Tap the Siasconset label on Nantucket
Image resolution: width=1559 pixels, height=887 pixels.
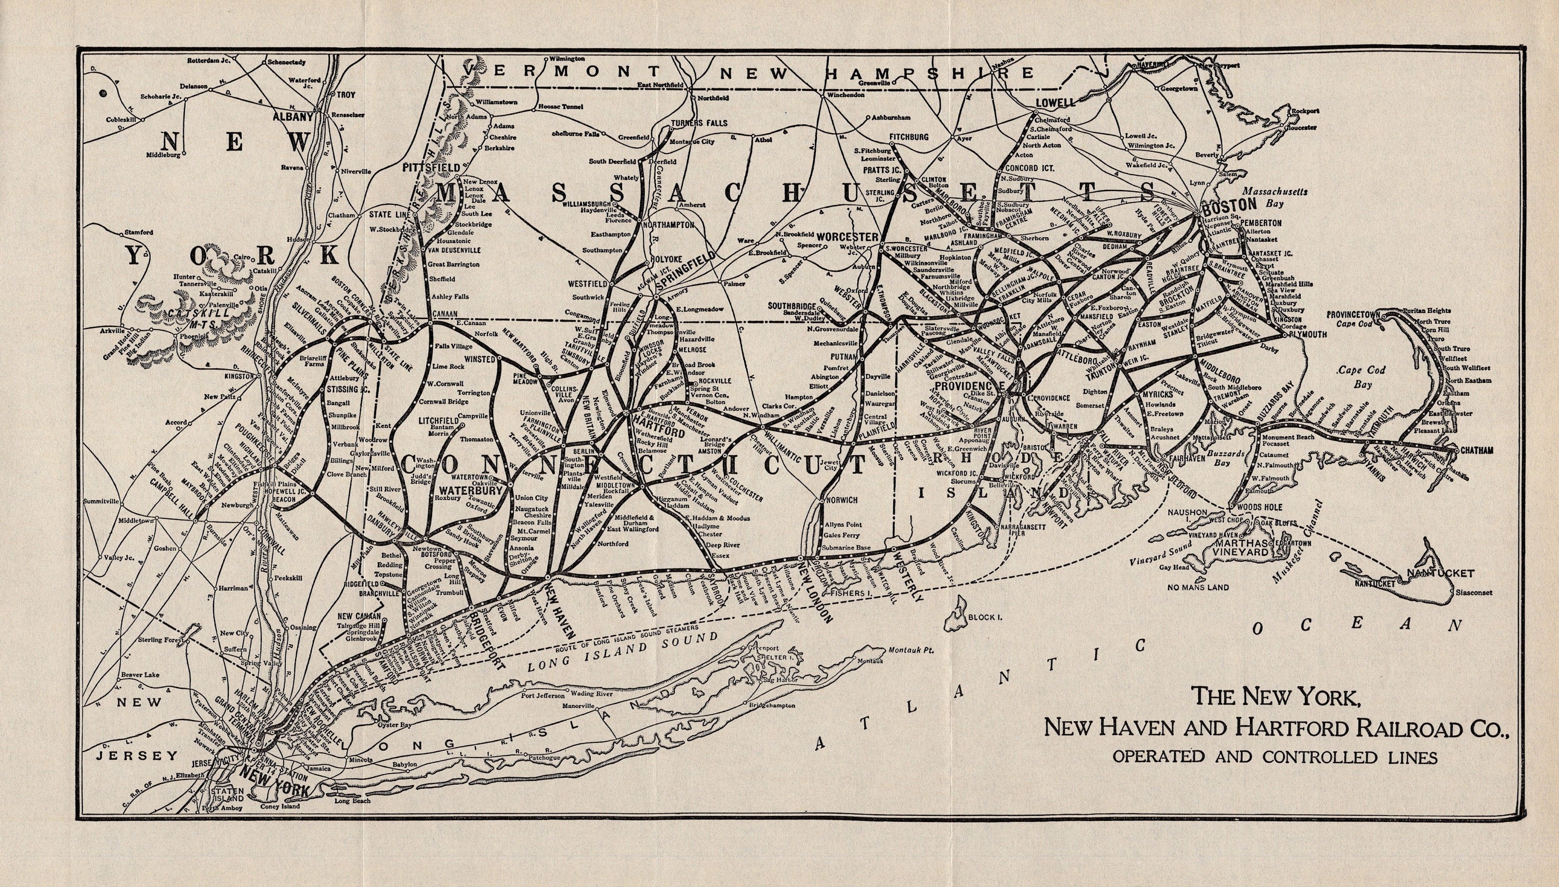[x=1474, y=592]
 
